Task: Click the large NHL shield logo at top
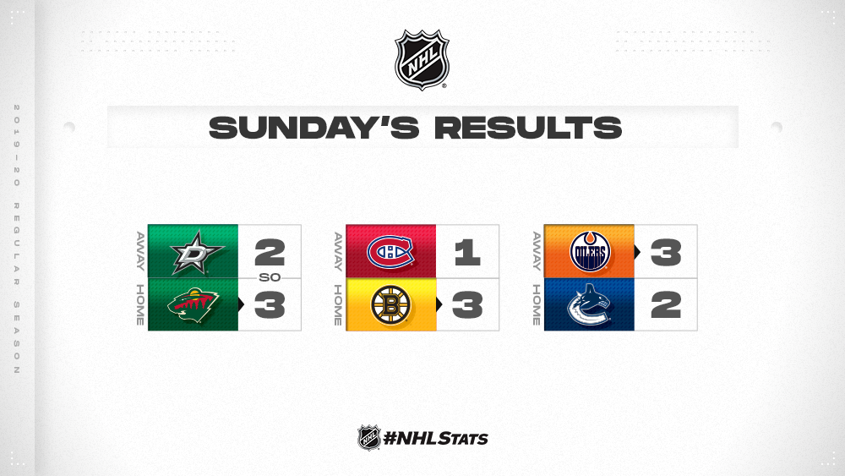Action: (422, 59)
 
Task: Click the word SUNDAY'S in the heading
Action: (313, 128)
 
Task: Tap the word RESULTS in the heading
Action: (528, 128)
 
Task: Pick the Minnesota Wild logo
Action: (193, 306)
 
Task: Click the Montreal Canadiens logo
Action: (390, 252)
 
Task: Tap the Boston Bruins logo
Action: (390, 305)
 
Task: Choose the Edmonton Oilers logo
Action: (590, 252)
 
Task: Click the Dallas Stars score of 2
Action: (270, 252)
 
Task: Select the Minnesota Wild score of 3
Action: (270, 305)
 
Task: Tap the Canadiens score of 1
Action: (467, 252)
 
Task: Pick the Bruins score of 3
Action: (467, 305)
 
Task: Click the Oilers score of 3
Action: (666, 252)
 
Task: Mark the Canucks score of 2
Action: (666, 305)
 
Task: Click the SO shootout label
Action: (270, 277)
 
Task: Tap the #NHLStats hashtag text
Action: (435, 438)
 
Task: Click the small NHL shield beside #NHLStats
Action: (369, 437)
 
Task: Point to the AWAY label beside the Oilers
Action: (537, 251)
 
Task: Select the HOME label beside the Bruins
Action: (338, 305)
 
